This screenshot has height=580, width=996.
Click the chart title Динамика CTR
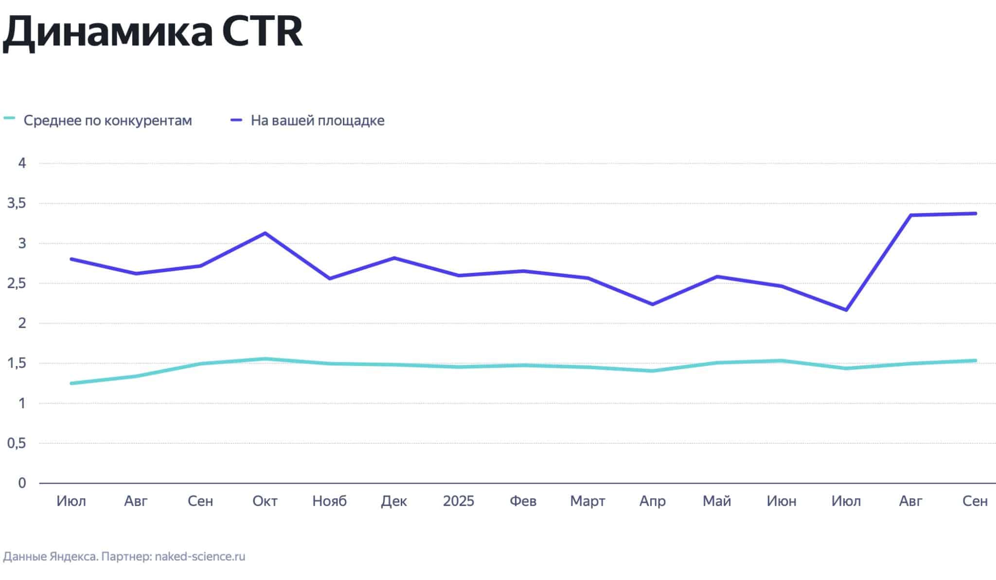click(152, 32)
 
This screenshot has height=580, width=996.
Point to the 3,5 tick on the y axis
click(17, 203)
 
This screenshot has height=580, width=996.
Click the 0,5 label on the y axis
click(17, 443)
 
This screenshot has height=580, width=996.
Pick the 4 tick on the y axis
click(22, 163)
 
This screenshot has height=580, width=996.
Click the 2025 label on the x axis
click(458, 501)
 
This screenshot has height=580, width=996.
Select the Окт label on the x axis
click(265, 501)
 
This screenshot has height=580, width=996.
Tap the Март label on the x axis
click(587, 501)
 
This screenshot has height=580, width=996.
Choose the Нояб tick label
click(329, 501)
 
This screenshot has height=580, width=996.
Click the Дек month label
click(394, 501)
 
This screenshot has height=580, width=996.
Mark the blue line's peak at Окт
click(265, 233)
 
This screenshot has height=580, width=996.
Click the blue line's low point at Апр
click(652, 305)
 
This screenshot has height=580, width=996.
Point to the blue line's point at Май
click(717, 276)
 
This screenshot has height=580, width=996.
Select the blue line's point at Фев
click(523, 271)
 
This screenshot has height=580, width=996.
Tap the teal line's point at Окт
click(265, 359)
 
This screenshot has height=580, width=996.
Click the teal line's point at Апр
click(652, 371)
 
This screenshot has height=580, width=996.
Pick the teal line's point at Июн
click(782, 361)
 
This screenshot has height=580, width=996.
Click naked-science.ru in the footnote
click(200, 556)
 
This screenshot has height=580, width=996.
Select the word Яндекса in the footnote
click(73, 556)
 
